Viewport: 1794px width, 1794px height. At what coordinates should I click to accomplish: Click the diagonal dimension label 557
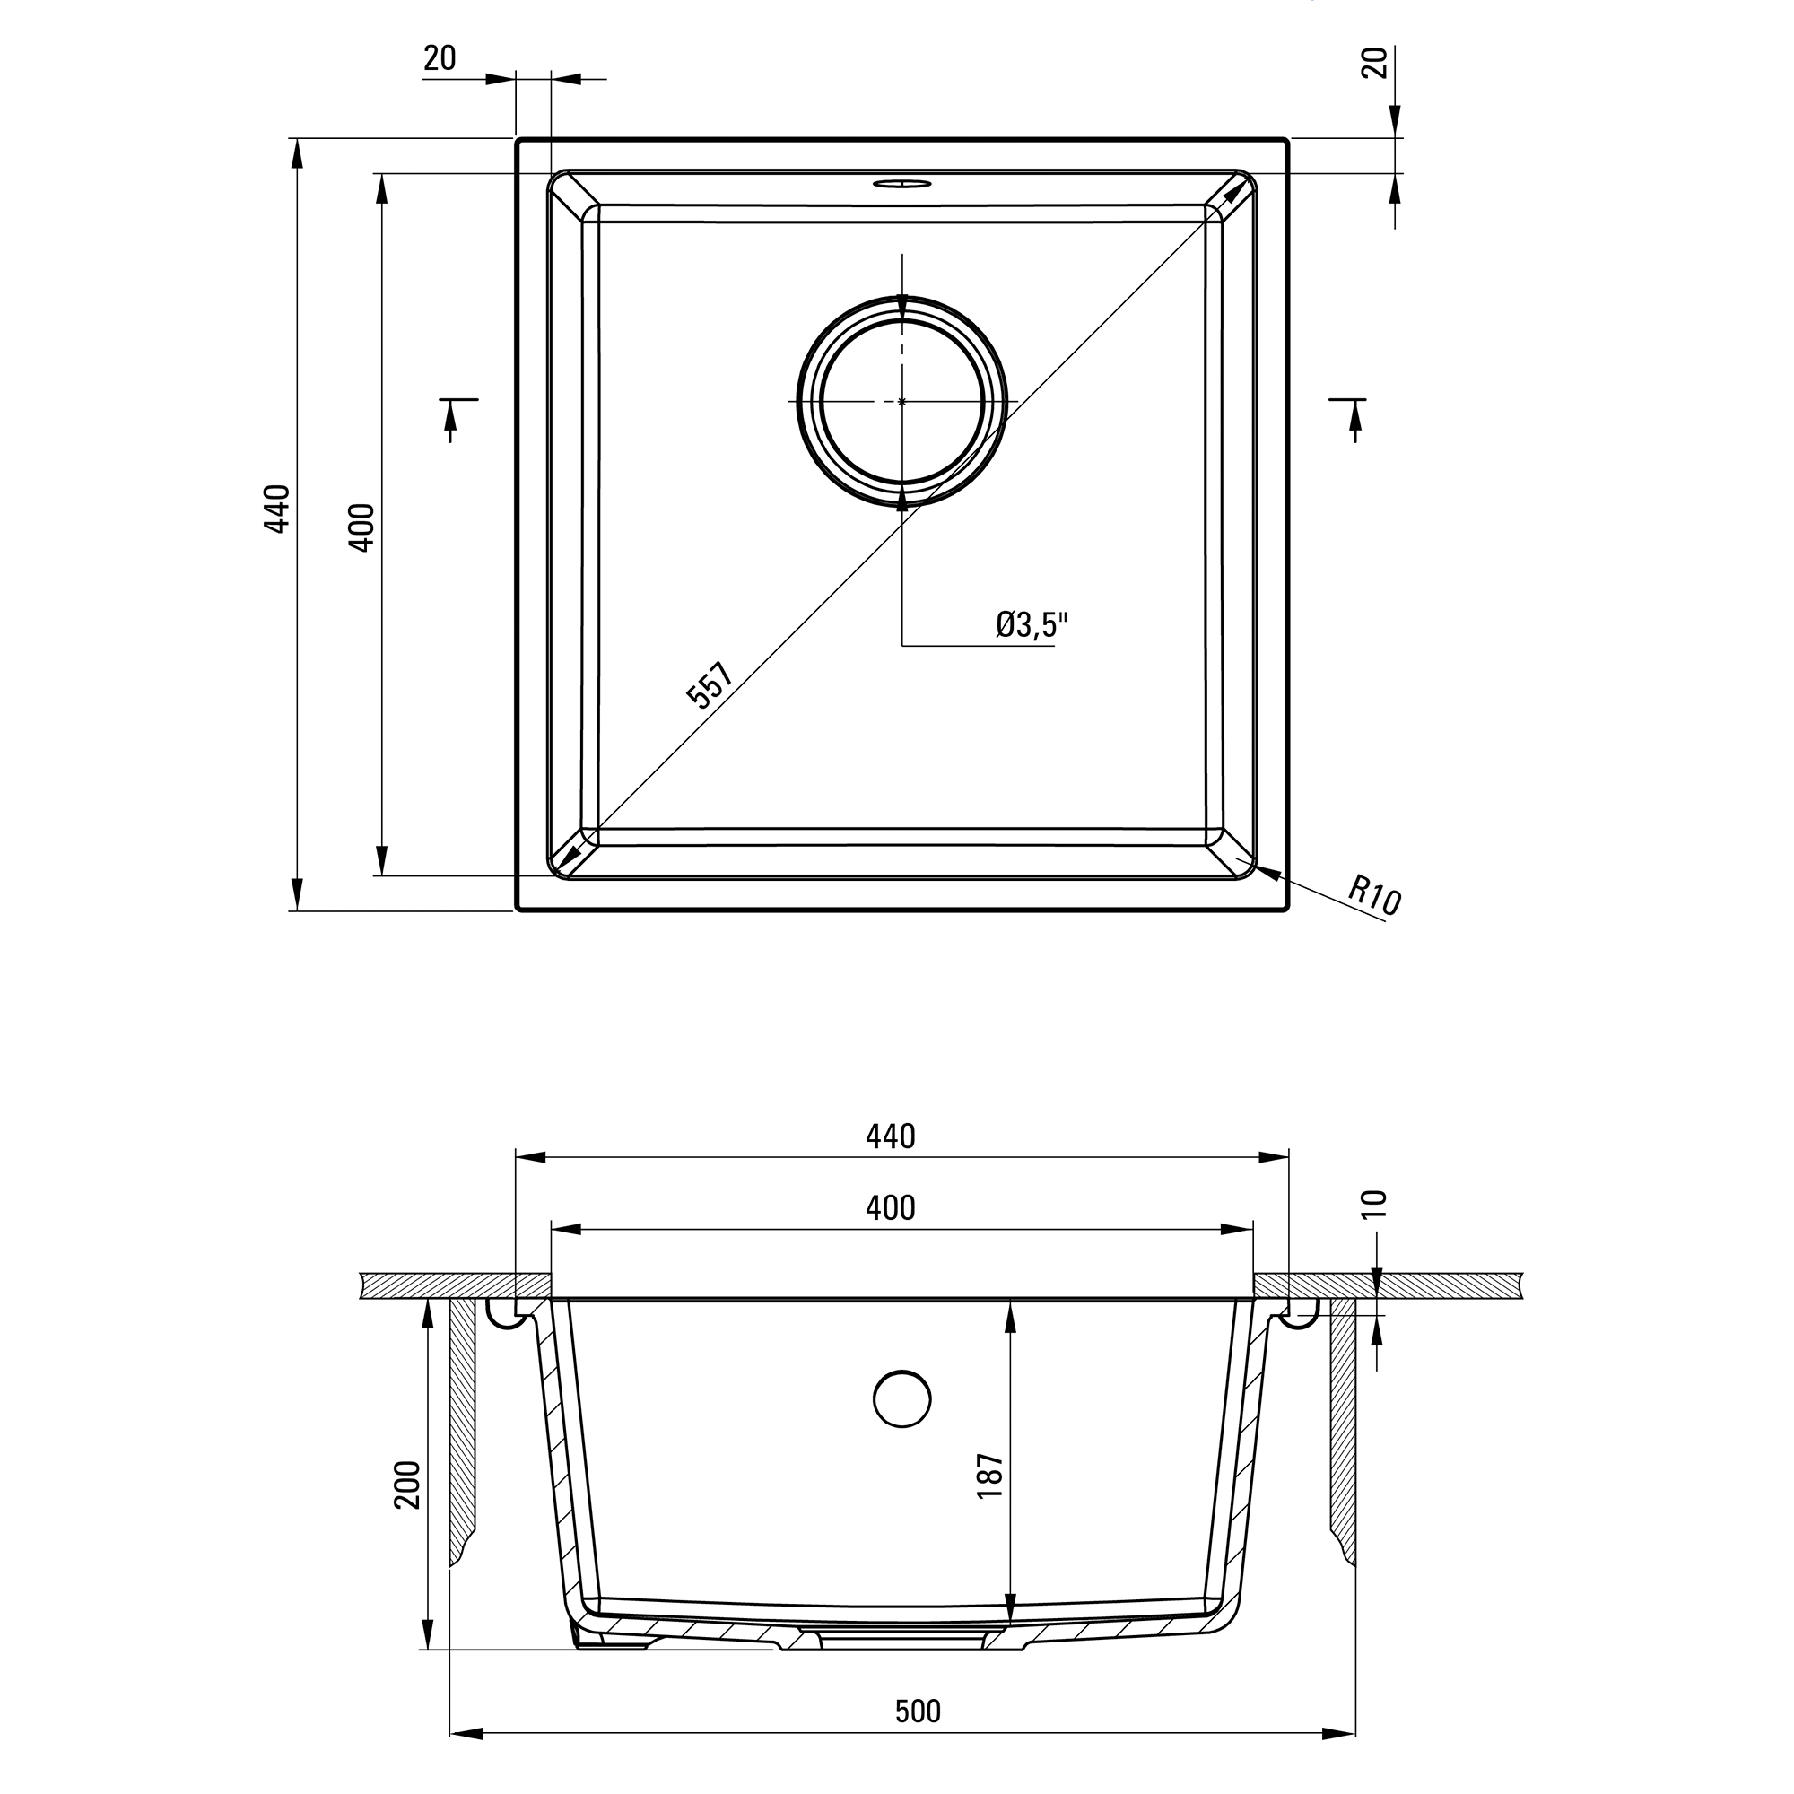pyautogui.click(x=711, y=685)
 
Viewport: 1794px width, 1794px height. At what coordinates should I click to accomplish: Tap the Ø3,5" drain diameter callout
pyautogui.click(x=1032, y=625)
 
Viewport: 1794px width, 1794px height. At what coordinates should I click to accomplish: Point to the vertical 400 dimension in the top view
pyautogui.click(x=361, y=527)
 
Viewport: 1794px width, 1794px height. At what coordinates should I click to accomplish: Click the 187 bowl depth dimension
pyautogui.click(x=991, y=1476)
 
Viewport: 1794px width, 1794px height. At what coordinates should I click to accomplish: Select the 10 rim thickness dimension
pyautogui.click(x=1377, y=1205)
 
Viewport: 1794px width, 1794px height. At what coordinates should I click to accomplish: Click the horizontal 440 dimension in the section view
pyautogui.click(x=891, y=1136)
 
